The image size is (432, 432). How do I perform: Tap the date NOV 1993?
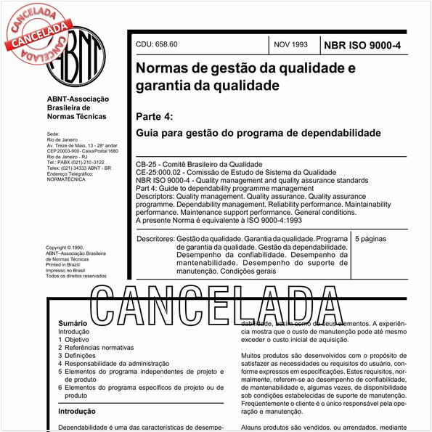290,45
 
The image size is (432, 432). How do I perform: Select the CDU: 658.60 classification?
156,45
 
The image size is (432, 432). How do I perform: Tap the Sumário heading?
73,322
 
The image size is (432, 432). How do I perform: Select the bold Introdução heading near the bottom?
77,411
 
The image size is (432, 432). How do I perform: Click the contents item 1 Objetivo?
73,339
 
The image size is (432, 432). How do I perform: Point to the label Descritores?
155,238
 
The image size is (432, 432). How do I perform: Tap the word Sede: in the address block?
52,134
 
